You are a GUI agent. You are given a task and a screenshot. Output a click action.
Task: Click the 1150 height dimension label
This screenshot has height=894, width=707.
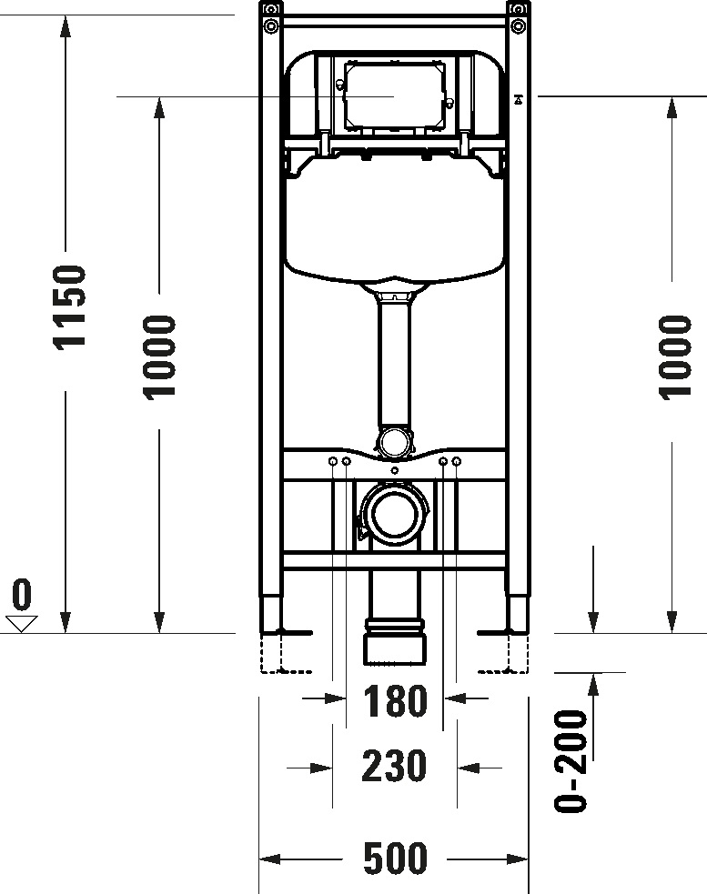point(69,306)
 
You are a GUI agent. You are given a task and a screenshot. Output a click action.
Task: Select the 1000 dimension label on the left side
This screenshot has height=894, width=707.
point(160,356)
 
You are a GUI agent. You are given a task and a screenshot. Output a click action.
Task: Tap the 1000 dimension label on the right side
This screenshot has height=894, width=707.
point(674,356)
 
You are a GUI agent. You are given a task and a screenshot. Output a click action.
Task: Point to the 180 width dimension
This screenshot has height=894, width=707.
point(395,701)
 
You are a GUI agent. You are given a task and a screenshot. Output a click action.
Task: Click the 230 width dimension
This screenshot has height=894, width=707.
point(394,766)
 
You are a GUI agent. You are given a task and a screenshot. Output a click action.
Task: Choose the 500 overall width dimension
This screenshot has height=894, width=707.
point(394,858)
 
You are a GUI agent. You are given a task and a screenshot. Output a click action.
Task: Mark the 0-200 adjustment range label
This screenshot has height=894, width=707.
point(571,760)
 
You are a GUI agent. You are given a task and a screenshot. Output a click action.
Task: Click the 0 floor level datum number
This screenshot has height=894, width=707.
point(21,595)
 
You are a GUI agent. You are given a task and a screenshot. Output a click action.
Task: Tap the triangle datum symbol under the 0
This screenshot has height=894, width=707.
point(21,623)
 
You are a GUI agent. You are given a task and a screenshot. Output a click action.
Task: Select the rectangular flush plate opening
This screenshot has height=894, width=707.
point(393,95)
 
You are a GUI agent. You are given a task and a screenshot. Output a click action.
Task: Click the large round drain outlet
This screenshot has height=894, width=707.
point(394,513)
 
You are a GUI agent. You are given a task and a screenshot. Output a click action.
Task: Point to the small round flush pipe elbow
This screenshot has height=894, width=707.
point(394,442)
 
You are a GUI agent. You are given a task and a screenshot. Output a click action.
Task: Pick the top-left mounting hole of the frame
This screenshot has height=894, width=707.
point(270,25)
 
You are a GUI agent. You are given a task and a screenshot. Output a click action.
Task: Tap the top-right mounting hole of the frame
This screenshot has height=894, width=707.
point(517,25)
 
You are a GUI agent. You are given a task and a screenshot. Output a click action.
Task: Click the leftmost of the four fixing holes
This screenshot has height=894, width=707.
point(333,463)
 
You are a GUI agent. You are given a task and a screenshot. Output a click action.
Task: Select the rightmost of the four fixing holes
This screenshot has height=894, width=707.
point(457,463)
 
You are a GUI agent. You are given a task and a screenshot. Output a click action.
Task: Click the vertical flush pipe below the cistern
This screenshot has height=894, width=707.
point(394,364)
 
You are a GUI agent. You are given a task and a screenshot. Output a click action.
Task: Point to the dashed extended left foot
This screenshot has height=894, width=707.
point(273,655)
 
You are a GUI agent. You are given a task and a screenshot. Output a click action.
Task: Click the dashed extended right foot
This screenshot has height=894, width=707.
point(516,655)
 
